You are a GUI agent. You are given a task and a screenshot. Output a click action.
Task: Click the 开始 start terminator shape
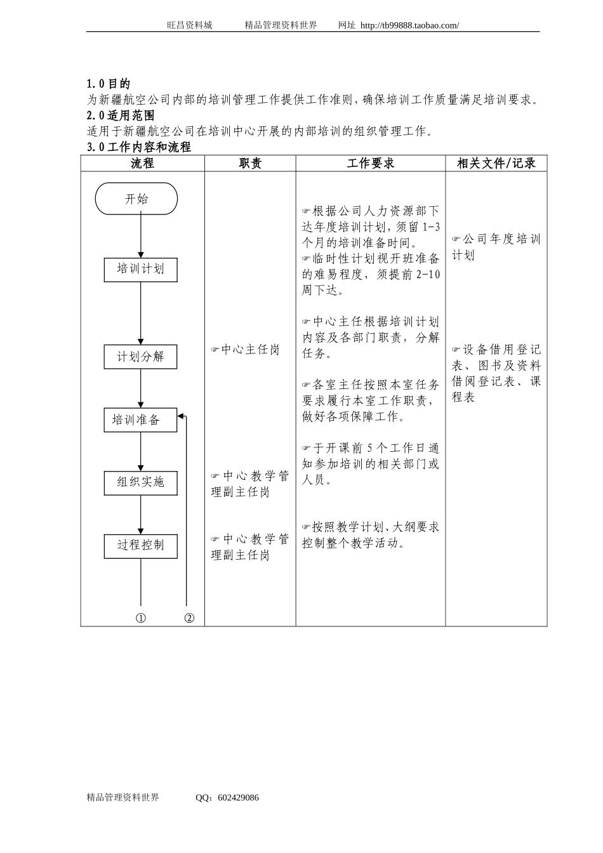pyautogui.click(x=136, y=199)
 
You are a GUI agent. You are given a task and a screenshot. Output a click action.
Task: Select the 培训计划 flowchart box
pyautogui.click(x=140, y=269)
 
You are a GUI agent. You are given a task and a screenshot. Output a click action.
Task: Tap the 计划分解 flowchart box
pyautogui.click(x=140, y=357)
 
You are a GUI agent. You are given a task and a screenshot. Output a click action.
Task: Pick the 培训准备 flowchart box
pyautogui.click(x=140, y=420)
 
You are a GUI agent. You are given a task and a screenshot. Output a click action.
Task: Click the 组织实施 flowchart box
pyautogui.click(x=140, y=482)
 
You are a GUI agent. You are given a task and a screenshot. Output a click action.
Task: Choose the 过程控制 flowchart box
pyautogui.click(x=140, y=545)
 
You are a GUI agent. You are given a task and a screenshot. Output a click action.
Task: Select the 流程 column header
pyautogui.click(x=142, y=164)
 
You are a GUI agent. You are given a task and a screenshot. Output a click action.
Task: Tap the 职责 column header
pyautogui.click(x=250, y=164)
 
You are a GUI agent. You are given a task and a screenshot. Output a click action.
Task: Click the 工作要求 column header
pyautogui.click(x=370, y=164)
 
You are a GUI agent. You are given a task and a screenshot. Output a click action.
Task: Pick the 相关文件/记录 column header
pyautogui.click(x=496, y=164)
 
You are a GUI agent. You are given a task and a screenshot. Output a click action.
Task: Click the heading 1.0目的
pyautogui.click(x=109, y=84)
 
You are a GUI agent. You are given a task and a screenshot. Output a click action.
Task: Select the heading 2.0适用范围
pyautogui.click(x=121, y=116)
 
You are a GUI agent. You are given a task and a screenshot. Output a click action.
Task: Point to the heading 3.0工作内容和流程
pyautogui.click(x=138, y=147)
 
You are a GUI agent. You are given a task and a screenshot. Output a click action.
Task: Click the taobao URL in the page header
pyautogui.click(x=409, y=25)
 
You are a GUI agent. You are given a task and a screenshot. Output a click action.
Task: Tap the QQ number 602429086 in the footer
pyautogui.click(x=237, y=798)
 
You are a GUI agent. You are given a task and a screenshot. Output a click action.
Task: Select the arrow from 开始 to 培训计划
pyautogui.click(x=141, y=236)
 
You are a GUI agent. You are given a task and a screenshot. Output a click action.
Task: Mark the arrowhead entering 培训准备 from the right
pyautogui.click(x=181, y=416)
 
